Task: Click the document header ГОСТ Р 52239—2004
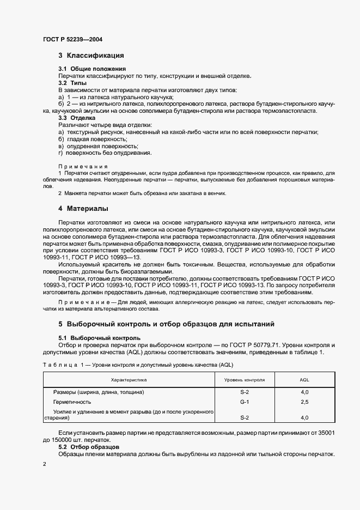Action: tap(72, 39)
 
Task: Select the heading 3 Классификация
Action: tap(91, 56)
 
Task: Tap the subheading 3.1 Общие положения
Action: tap(92, 69)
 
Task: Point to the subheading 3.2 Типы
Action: tap(73, 83)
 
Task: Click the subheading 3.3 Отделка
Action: tap(77, 118)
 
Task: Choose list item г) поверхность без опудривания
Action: tap(101, 153)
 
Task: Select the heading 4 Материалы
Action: tap(83, 208)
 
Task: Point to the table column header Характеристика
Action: tap(129, 379)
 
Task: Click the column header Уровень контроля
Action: tap(245, 379)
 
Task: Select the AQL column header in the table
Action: tap(304, 379)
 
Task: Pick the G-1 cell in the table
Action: tap(245, 402)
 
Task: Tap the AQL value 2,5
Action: tap(304, 402)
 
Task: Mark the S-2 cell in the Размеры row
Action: tap(245, 392)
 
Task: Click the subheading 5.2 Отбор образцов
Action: tap(89, 447)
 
